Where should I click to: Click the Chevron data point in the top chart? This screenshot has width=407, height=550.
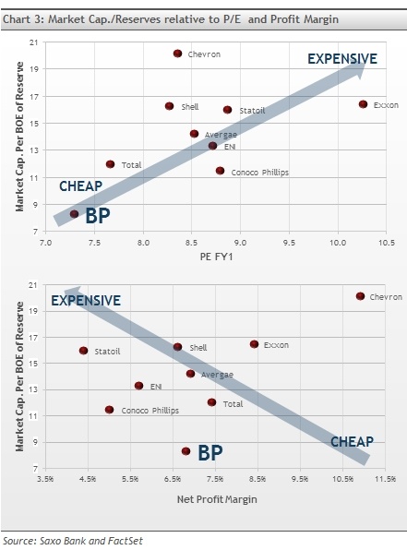coord(178,54)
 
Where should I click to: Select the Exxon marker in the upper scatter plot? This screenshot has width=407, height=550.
coord(363,104)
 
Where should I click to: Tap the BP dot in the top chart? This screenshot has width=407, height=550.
coord(75,214)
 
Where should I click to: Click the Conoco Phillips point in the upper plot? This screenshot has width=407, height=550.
coord(220,171)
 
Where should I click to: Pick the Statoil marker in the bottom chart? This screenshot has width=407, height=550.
coord(84,351)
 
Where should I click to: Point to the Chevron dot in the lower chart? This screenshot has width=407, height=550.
coord(360,296)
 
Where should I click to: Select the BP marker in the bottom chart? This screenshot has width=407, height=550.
coord(186,451)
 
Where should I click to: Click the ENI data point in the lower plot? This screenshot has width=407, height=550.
coord(138,386)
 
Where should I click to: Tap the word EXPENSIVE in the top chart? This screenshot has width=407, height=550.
coord(341,59)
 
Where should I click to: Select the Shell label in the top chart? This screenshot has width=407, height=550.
coord(189,107)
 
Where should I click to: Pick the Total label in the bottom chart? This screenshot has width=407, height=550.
coord(232,404)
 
